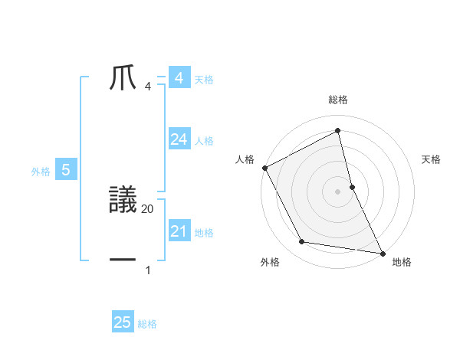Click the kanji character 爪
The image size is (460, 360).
point(123,79)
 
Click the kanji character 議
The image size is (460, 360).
point(123,201)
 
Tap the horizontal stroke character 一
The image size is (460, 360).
point(123,260)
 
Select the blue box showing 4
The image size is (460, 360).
point(179,78)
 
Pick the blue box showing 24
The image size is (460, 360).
point(179,139)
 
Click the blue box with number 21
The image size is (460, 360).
point(179,231)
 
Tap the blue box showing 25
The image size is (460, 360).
point(122,322)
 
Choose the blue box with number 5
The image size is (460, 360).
point(66,170)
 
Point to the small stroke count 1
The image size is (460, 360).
point(148,270)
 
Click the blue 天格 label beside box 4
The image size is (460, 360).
point(204,80)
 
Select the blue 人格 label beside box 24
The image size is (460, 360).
point(204,141)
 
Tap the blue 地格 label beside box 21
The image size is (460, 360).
point(204,233)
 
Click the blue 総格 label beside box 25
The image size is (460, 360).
point(147,324)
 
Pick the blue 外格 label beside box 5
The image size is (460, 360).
point(41,172)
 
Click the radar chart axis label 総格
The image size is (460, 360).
point(338,100)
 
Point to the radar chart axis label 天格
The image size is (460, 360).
point(432,159)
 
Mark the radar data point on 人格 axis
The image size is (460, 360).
point(264,168)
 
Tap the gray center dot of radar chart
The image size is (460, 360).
point(338,191)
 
